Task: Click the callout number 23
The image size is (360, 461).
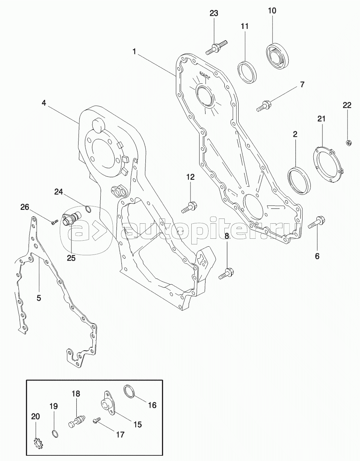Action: click(214, 14)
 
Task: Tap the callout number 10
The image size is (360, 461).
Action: click(272, 11)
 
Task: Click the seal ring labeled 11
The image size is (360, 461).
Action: click(247, 72)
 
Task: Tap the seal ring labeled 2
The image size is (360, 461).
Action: click(299, 180)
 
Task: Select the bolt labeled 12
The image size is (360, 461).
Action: click(189, 207)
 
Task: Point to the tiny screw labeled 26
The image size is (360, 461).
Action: click(55, 222)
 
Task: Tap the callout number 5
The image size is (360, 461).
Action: click(39, 298)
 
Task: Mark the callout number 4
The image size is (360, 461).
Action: click(44, 103)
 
